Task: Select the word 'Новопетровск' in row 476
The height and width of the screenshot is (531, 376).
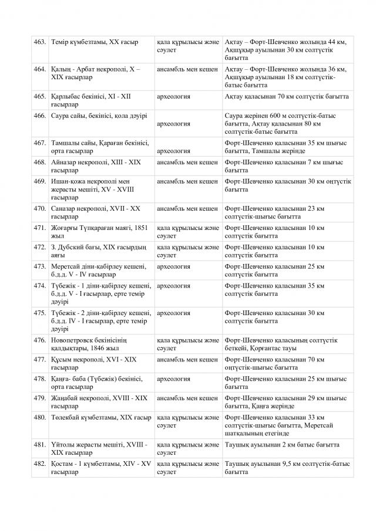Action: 73,340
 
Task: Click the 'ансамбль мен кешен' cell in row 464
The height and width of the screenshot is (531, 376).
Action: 187,69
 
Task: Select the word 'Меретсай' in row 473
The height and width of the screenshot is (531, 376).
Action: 66,266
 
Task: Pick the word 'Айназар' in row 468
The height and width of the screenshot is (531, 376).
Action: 65,162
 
